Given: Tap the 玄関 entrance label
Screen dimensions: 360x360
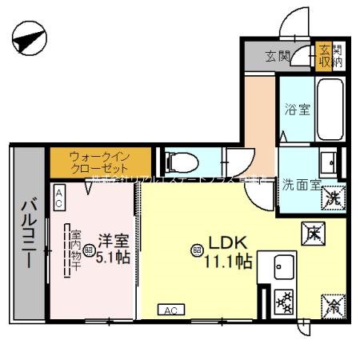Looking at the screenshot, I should click(278, 55).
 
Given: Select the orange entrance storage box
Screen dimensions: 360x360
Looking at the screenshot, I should click(324, 55).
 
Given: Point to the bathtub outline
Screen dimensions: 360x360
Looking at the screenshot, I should click(331, 109).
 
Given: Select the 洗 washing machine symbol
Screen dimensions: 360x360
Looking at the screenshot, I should click(338, 197).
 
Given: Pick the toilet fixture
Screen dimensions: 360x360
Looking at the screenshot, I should click(178, 163).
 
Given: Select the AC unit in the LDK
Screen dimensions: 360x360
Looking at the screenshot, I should click(170, 310).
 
